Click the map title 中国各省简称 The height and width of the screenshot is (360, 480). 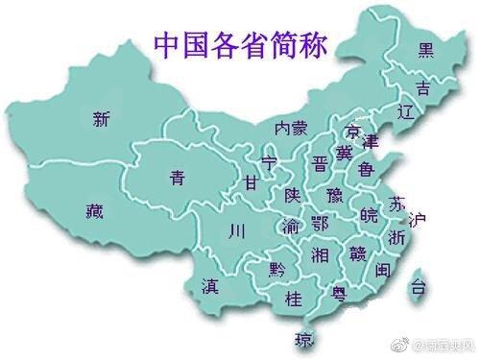(241, 44)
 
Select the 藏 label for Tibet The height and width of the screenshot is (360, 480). (93, 211)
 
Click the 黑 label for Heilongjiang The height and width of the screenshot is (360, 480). (424, 50)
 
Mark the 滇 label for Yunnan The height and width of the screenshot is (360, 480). (210, 286)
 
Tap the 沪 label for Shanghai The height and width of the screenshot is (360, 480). (416, 220)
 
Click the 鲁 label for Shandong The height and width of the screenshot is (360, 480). (366, 169)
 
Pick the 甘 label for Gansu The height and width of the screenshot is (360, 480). (251, 181)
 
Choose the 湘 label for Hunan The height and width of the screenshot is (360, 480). (321, 254)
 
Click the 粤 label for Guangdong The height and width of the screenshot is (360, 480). (339, 294)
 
